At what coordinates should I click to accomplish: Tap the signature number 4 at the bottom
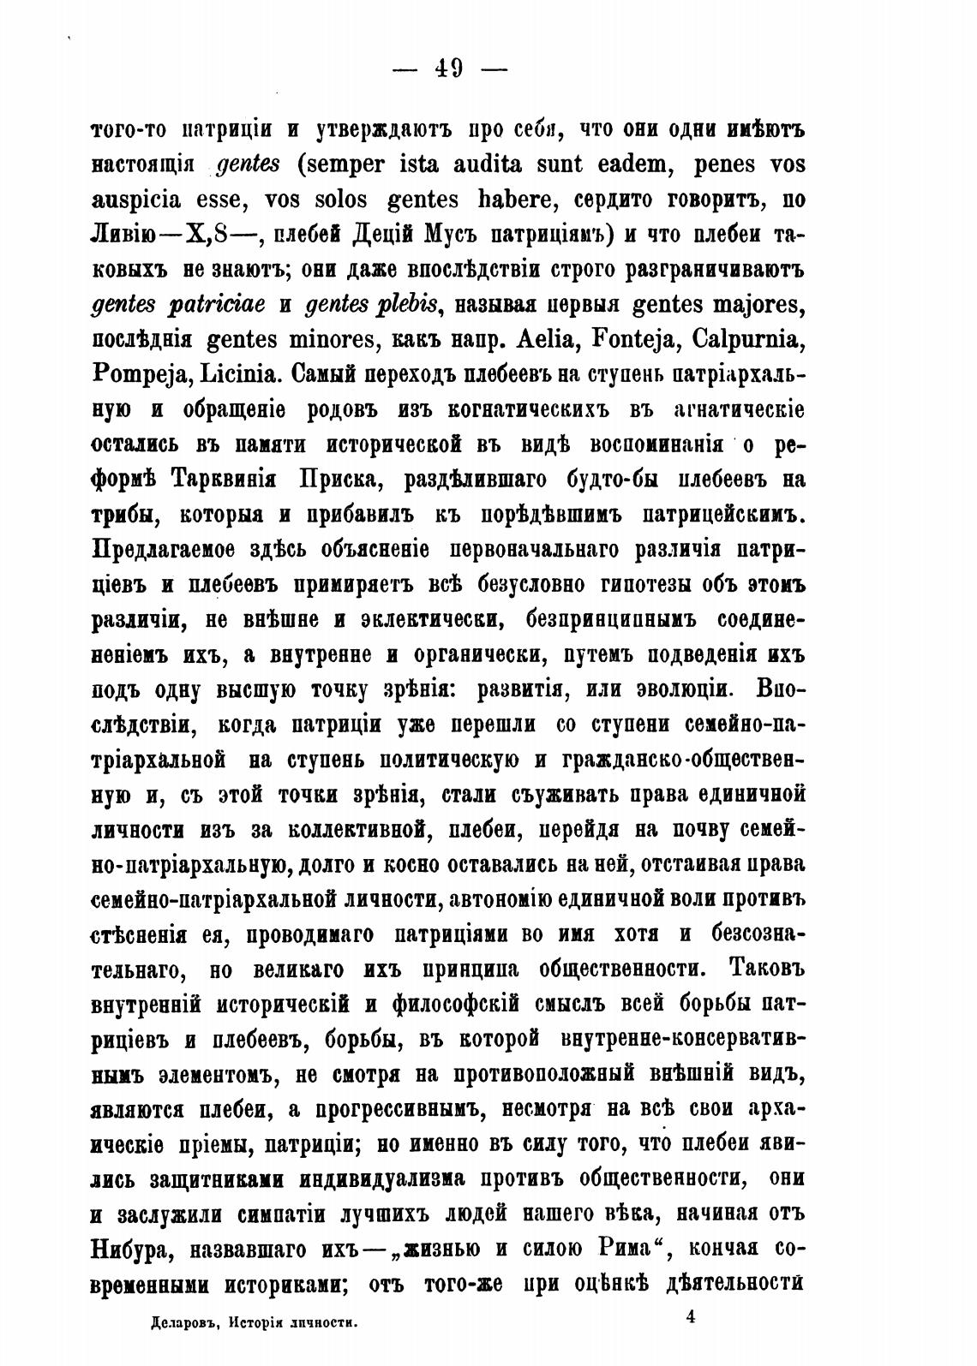pos(690,1318)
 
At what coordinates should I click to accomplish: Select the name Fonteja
pos(634,340)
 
